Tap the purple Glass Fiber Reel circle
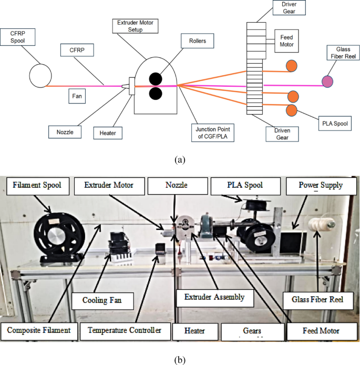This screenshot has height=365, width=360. tap(327, 81)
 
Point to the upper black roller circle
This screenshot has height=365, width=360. tap(156, 77)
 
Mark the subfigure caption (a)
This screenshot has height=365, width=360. tap(180, 158)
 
